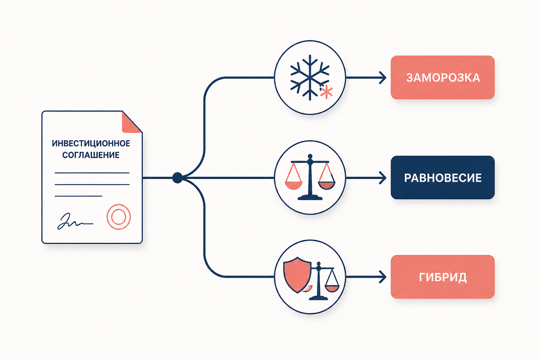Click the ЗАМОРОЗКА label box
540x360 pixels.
click(x=443, y=77)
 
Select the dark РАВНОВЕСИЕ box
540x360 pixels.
click(x=443, y=178)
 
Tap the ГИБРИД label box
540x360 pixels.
click(x=443, y=277)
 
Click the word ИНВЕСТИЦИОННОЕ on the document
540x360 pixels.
click(x=91, y=143)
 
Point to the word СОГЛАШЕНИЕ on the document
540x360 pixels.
click(x=91, y=155)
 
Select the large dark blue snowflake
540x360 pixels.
click(x=310, y=77)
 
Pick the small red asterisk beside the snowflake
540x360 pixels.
click(x=326, y=92)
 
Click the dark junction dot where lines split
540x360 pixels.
click(x=178, y=178)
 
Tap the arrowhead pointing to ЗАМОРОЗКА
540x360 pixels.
click(x=383, y=78)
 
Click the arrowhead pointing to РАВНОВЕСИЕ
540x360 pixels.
click(x=383, y=178)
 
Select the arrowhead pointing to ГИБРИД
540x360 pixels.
click(x=383, y=277)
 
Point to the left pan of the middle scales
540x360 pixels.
click(x=294, y=185)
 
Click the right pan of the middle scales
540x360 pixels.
click(x=327, y=185)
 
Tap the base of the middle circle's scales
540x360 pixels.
click(x=310, y=198)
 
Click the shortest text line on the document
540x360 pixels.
click(x=79, y=196)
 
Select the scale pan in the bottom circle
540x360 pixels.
click(x=332, y=288)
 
